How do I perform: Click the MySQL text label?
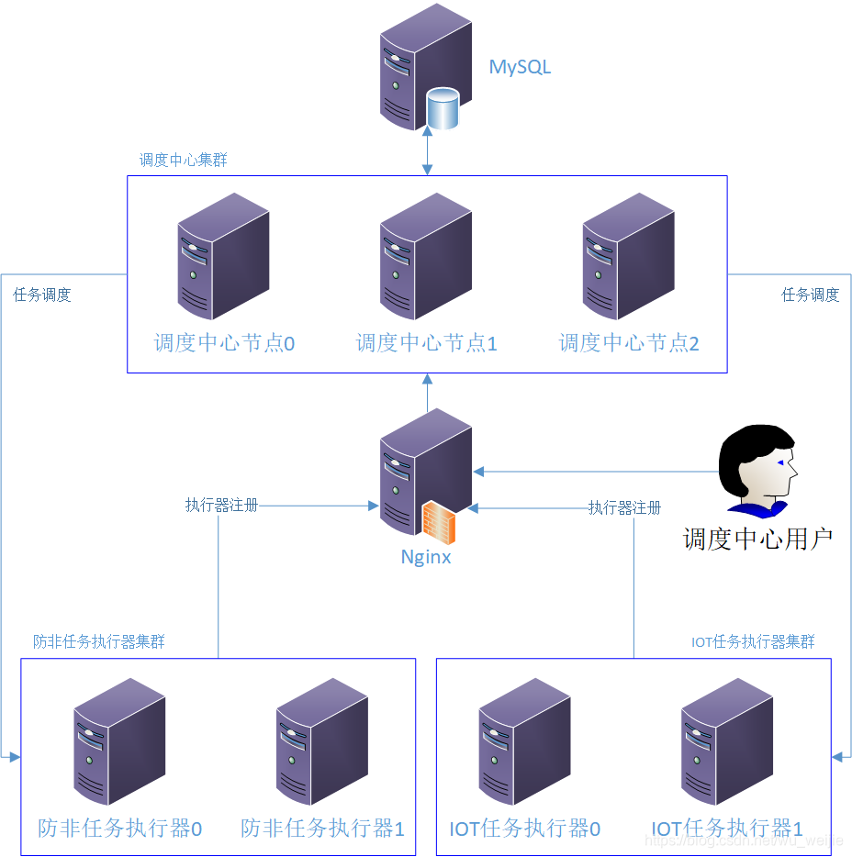tap(520, 67)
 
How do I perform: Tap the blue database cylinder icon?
tap(443, 108)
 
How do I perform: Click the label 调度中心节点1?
tap(426, 343)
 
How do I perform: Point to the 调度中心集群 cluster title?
tap(183, 160)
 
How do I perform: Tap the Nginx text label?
tap(426, 557)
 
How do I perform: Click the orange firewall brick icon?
tap(439, 523)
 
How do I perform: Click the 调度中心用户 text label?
tap(757, 539)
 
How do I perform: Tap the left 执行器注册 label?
tap(221, 505)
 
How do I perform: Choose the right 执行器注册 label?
tap(624, 507)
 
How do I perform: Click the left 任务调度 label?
tap(42, 295)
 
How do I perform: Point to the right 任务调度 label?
tap(810, 295)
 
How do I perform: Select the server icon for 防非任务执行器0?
tap(119, 741)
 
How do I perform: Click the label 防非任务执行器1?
tap(322, 829)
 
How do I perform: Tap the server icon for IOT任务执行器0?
tap(524, 741)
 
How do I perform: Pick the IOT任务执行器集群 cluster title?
tap(753, 641)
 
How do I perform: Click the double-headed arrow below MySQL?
tap(427, 152)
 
